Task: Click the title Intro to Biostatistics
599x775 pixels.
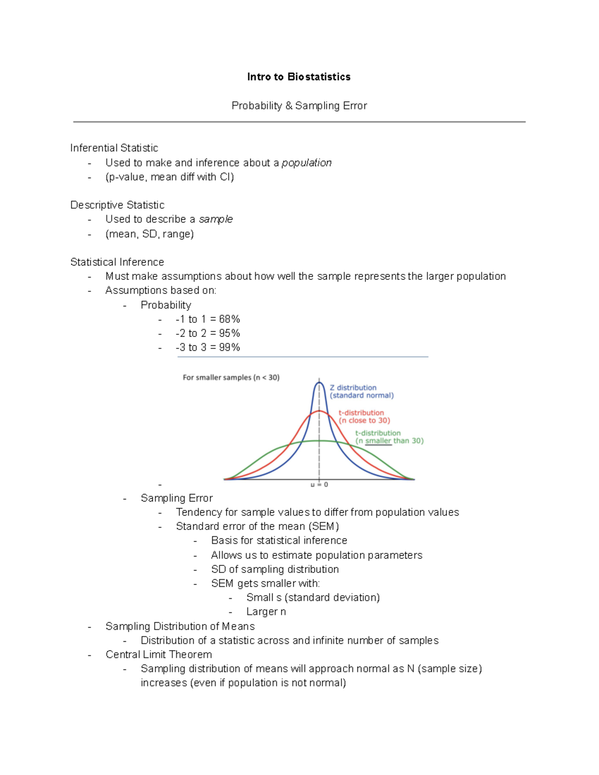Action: pos(299,77)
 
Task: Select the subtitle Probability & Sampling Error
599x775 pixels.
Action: pos(299,106)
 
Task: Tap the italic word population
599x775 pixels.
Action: pos(306,163)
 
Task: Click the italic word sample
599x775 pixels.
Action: pos(216,219)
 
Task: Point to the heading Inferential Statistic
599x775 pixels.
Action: pos(114,148)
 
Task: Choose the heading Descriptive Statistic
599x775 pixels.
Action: pos(117,205)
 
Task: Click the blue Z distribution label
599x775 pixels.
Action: pos(353,388)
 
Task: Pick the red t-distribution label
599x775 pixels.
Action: pos(361,413)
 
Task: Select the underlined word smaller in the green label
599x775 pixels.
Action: pos(378,441)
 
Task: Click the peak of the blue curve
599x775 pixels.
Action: pos(319,383)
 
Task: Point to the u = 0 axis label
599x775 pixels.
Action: pos(319,485)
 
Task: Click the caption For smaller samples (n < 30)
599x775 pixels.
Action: pos(231,378)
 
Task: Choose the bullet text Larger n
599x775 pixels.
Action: pos(266,612)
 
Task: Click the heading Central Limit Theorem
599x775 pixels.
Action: pos(159,655)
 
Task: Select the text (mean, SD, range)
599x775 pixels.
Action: pos(149,234)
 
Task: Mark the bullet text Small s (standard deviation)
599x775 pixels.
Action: pos(313,598)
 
